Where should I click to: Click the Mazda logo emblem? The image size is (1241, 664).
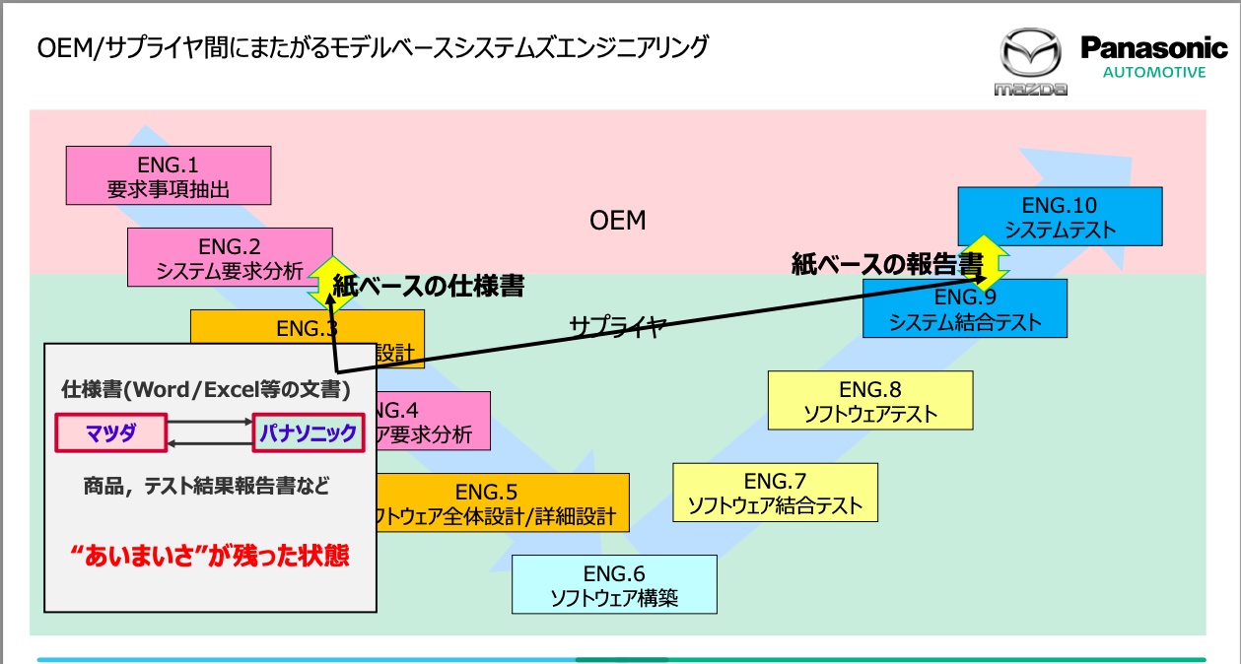tap(1031, 56)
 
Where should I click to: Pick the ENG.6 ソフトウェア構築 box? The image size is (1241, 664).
tap(613, 584)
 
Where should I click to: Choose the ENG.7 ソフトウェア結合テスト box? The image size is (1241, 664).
tap(775, 494)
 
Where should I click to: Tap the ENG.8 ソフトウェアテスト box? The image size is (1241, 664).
tap(869, 401)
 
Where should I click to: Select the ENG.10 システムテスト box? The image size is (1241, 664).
tap(1060, 217)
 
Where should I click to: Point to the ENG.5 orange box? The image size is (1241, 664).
tap(503, 503)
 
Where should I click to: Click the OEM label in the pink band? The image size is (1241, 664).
tap(617, 220)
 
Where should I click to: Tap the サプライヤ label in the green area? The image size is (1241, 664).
tap(618, 326)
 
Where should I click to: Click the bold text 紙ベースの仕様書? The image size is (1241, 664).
tap(428, 287)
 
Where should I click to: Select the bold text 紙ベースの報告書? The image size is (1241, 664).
tap(887, 264)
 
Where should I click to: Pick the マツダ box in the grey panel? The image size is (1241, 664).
tap(109, 433)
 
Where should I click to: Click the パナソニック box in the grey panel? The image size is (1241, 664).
tap(309, 433)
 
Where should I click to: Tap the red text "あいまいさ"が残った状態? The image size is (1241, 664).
tap(211, 556)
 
